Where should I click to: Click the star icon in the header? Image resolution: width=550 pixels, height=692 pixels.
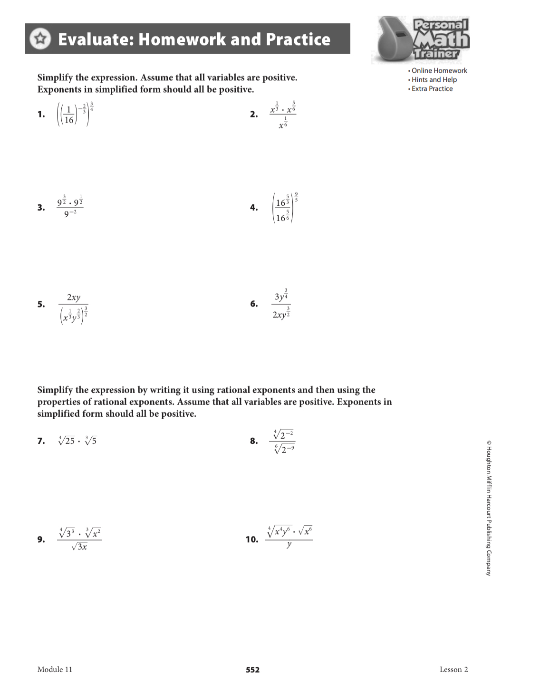click(40, 38)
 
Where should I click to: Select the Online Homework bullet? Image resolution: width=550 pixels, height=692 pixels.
click(439, 70)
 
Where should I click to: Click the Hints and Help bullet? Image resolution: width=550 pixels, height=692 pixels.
click(434, 79)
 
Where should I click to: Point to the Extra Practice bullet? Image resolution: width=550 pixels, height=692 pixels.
click(432, 88)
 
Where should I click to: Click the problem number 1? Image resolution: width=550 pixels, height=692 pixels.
click(41, 114)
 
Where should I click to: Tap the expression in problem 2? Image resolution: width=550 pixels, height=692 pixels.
click(283, 115)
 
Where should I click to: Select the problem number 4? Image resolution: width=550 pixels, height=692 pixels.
click(254, 207)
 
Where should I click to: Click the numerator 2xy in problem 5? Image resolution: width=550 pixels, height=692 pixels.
click(73, 297)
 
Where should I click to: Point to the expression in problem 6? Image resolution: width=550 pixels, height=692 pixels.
click(281, 304)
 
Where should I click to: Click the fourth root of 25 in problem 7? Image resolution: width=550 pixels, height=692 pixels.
click(67, 441)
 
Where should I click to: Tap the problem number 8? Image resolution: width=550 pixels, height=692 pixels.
click(254, 441)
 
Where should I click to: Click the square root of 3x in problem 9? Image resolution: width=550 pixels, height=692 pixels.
click(79, 547)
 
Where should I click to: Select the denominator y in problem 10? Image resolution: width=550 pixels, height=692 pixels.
click(289, 545)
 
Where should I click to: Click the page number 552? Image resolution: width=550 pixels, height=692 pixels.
click(252, 670)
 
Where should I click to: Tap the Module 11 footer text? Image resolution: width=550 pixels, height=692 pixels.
click(55, 669)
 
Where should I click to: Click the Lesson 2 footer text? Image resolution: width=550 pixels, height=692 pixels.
click(454, 669)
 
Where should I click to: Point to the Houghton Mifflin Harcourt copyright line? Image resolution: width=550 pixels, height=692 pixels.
click(488, 508)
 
